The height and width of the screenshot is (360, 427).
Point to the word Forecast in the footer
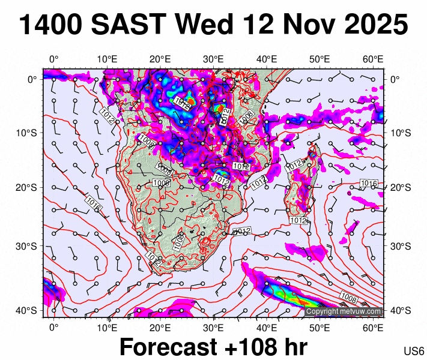[x=167, y=347]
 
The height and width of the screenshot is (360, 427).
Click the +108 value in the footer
[x=249, y=347]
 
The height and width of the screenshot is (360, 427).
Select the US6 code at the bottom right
[x=414, y=350]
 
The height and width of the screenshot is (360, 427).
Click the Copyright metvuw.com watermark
[x=344, y=312]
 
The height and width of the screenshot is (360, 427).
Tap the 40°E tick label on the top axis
[x=267, y=59]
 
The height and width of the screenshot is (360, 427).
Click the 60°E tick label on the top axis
[x=374, y=59]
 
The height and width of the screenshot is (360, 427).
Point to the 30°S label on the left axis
[x=30, y=246]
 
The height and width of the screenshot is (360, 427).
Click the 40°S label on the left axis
[x=30, y=310]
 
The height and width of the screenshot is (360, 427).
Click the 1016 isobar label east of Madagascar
[x=368, y=183]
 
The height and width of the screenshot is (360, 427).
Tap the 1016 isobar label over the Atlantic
[x=93, y=203]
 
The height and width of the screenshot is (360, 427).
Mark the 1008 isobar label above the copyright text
[x=350, y=296]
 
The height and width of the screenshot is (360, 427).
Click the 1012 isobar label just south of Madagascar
[x=298, y=221]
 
